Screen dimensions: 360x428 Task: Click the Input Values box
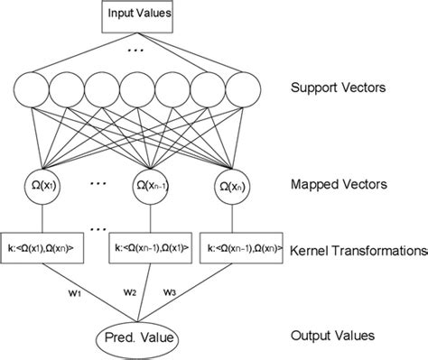[x=137, y=15]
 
